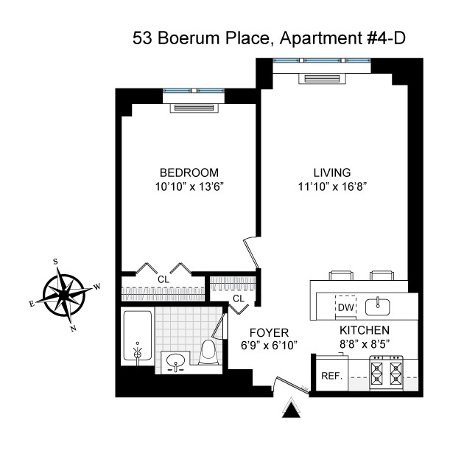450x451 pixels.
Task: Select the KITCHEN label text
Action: tap(363, 331)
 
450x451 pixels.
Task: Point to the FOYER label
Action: tap(269, 332)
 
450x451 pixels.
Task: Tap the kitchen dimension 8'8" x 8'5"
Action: tap(363, 344)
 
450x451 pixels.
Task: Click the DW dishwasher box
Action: tap(346, 304)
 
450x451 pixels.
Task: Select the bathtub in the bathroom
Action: tap(137, 337)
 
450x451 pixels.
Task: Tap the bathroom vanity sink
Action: tap(176, 362)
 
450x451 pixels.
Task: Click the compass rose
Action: tap(64, 294)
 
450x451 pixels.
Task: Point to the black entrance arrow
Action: tap(292, 408)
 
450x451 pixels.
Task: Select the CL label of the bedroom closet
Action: tap(163, 279)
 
